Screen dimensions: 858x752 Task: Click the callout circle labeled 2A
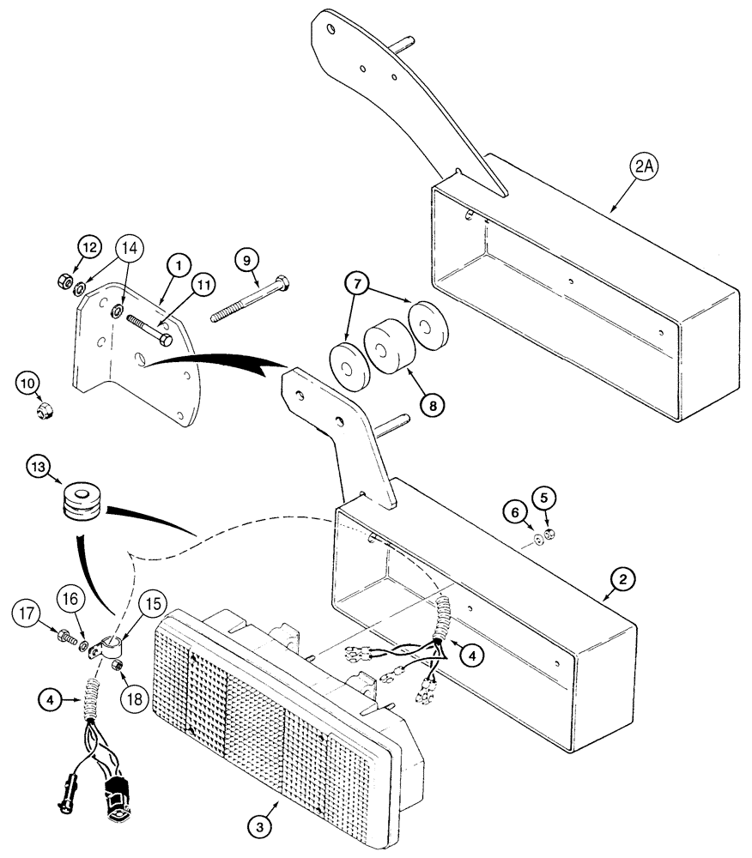coord(643,169)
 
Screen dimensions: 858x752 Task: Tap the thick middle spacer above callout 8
coord(383,346)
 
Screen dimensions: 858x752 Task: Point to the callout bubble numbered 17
coord(27,612)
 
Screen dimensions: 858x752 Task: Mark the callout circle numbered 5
coord(543,497)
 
